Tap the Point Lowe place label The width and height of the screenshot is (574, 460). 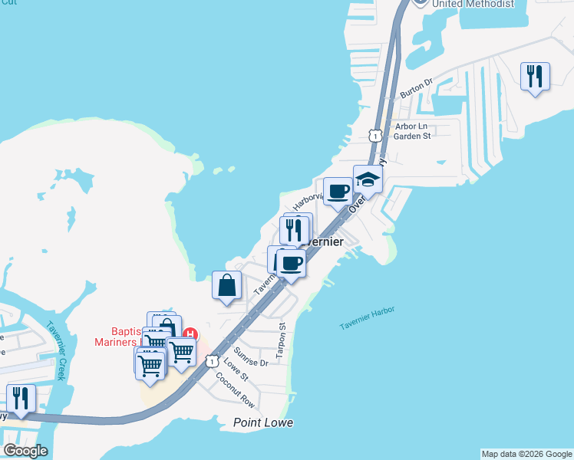click(x=264, y=423)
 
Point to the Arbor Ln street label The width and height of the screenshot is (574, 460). click(x=411, y=126)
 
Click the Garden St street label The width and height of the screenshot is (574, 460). click(x=412, y=136)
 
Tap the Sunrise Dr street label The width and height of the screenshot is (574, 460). click(x=251, y=356)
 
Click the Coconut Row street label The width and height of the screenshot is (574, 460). click(x=235, y=389)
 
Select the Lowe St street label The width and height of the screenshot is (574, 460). click(x=236, y=372)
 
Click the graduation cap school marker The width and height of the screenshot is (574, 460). click(x=368, y=180)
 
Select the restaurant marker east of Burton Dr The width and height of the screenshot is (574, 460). click(x=535, y=77)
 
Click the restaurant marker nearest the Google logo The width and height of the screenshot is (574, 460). click(x=21, y=399)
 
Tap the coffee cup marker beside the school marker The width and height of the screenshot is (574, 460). click(x=338, y=192)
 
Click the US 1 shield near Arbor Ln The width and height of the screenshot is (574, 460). click(x=374, y=135)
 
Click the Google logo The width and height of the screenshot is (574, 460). click(x=25, y=450)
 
